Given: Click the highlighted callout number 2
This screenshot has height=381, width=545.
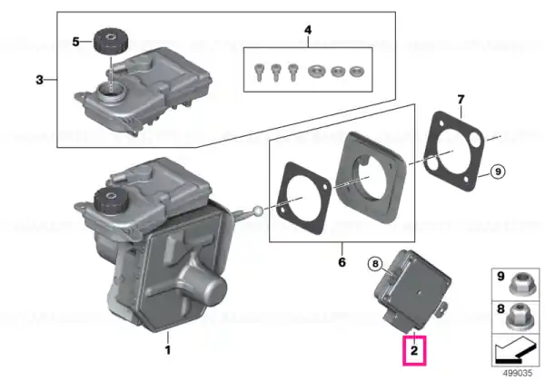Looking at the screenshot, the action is tap(414, 350).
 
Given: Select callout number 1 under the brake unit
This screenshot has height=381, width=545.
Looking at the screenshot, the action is tap(168, 350).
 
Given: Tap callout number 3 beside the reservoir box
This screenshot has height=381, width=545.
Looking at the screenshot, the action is tap(40, 80).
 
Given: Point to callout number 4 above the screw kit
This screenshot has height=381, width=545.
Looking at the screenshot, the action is tap(308, 30).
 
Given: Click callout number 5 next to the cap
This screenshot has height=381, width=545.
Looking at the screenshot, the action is tap(75, 42).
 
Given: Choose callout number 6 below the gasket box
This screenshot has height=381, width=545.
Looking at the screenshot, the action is tap(342, 262).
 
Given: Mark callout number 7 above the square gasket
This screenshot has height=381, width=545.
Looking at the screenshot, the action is tap(461, 100).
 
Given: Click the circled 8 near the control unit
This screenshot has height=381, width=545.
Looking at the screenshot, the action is tap(375, 264).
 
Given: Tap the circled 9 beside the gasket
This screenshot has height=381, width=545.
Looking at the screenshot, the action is tap(498, 171).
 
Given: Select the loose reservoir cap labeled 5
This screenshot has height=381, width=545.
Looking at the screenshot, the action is tap(111, 42).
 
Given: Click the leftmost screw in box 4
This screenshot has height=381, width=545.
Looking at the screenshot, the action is tap(259, 73).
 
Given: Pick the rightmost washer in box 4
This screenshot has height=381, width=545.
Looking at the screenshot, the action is tap(355, 72).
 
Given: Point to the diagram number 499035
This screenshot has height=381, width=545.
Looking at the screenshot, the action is tap(518, 374).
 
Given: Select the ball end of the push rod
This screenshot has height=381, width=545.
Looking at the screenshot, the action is tap(258, 210).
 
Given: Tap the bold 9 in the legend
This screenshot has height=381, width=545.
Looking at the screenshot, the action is tap(500, 276).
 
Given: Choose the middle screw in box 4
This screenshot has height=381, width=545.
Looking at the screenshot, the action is tap(275, 73).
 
